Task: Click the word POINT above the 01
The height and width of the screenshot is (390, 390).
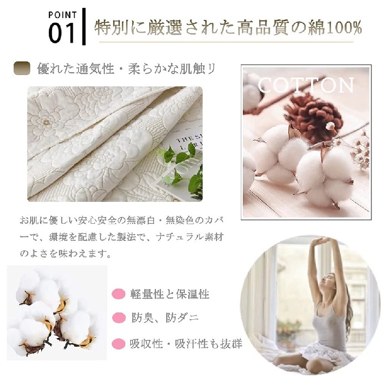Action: pyautogui.click(x=62, y=15)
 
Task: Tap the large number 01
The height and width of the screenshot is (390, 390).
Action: pyautogui.click(x=61, y=33)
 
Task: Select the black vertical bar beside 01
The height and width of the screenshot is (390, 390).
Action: pyautogui.click(x=84, y=27)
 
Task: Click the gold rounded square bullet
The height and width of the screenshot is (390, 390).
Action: pyautogui.click(x=22, y=68)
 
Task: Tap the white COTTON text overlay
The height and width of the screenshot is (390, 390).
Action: pyautogui.click(x=306, y=85)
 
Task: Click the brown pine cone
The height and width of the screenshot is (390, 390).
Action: pyautogui.click(x=314, y=115)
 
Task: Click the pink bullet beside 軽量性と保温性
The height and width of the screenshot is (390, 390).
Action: pyautogui.click(x=118, y=293)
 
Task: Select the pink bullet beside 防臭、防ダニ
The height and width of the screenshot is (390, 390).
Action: pyautogui.click(x=118, y=318)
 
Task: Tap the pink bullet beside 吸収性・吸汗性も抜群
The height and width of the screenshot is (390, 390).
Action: pyautogui.click(x=118, y=344)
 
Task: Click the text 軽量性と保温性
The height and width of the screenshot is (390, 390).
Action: pyautogui.click(x=170, y=294)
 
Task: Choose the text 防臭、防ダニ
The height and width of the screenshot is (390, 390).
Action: pyautogui.click(x=165, y=318)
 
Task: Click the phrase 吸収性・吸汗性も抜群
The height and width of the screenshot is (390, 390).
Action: pyautogui.click(x=186, y=344)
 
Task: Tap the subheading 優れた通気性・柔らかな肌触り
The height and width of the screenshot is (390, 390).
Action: pyautogui.click(x=126, y=69)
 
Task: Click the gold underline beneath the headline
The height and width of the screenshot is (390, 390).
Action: pyautogui.click(x=226, y=42)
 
